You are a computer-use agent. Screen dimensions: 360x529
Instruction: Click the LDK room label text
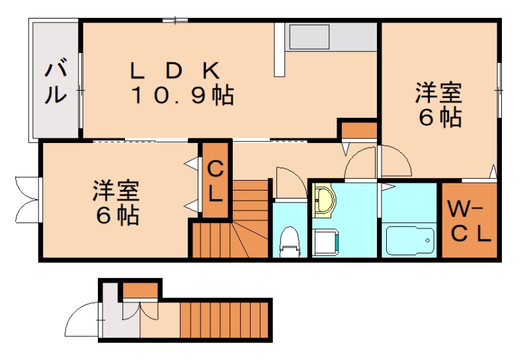point(175,69)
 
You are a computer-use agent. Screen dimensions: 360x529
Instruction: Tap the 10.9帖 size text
point(181,96)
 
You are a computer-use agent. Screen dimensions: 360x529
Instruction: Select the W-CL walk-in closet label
point(468,222)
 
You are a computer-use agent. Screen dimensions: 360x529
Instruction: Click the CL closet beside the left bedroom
point(216,179)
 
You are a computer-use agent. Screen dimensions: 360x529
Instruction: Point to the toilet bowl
point(289,241)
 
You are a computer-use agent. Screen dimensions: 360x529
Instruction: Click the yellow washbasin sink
point(324,201)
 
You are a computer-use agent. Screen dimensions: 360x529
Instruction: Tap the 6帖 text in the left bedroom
point(115,214)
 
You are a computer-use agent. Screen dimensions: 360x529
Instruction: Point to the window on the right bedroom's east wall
point(498,86)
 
